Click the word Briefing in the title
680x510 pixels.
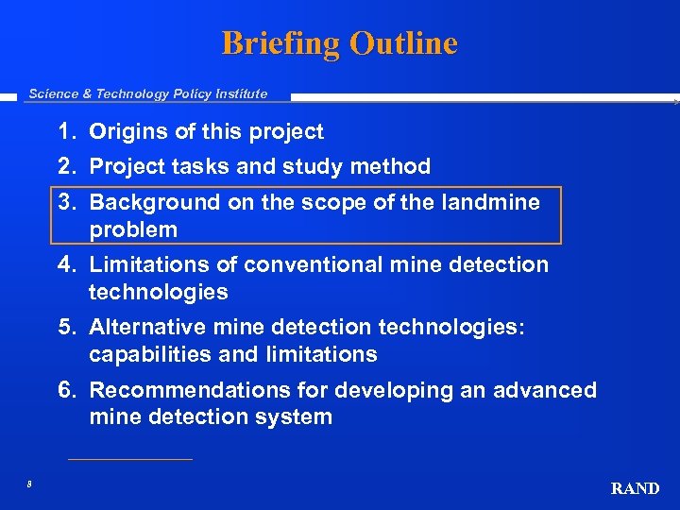pyautogui.click(x=280, y=43)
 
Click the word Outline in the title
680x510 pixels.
pyautogui.click(x=403, y=43)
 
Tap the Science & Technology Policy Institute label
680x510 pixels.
pyautogui.click(x=148, y=93)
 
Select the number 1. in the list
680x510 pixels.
pyautogui.click(x=67, y=132)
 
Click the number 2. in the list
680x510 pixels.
pyautogui.click(x=67, y=167)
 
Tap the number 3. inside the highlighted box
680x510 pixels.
pyautogui.click(x=67, y=202)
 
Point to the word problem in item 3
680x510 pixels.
pyautogui.click(x=133, y=229)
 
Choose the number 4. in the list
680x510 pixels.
pyautogui.click(x=67, y=264)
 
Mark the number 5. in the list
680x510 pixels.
pyautogui.click(x=67, y=328)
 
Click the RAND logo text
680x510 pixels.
pyautogui.click(x=635, y=488)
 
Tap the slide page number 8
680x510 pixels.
pyautogui.click(x=29, y=484)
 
